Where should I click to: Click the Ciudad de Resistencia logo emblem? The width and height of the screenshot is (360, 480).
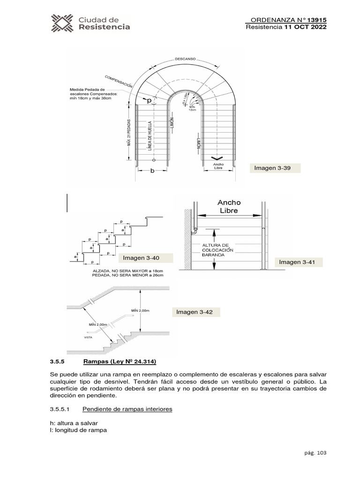coord(62,23)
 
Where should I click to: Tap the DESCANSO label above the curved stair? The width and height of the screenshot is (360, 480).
coord(185,60)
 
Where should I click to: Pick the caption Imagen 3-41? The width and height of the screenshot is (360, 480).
coord(296,262)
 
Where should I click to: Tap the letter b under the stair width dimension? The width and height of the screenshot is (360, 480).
coord(152,172)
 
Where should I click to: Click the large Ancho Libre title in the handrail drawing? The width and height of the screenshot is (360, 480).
coord(229,206)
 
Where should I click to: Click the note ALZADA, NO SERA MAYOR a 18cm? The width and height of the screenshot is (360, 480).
coord(128,271)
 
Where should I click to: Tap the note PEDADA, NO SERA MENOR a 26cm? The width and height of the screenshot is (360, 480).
coord(128,276)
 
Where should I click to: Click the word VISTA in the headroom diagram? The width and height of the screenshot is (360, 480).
coord(88,337)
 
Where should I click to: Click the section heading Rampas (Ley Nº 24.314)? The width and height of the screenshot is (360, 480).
coord(120,361)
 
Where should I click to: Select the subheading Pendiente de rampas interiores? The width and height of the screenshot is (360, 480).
coord(127,409)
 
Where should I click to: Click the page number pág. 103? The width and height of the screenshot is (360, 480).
coord(315,453)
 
